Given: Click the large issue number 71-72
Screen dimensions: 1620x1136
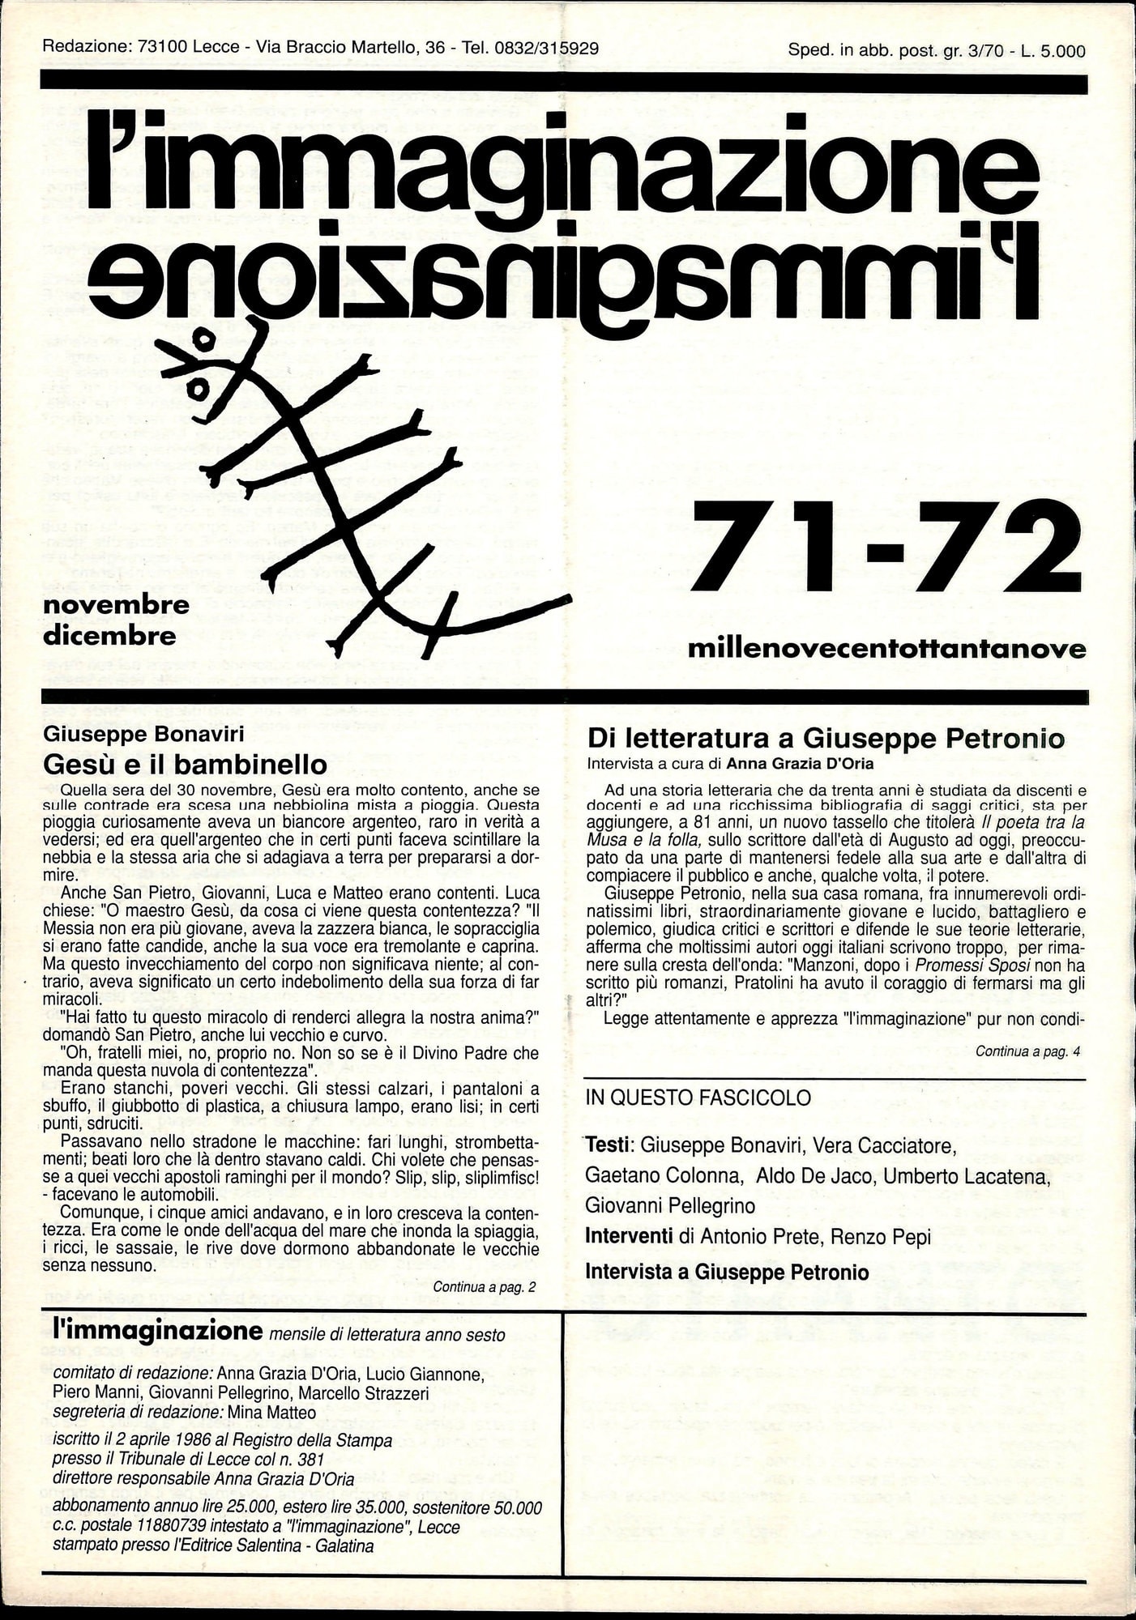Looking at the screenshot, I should tap(885, 547).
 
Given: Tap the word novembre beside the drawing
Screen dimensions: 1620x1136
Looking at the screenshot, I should tap(116, 605).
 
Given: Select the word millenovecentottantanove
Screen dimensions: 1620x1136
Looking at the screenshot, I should tap(886, 649).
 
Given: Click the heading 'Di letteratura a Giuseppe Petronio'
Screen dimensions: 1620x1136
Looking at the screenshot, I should tap(826, 738).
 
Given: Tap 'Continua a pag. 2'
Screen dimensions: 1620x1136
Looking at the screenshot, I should tap(485, 1287).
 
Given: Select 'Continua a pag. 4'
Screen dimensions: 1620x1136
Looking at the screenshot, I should tap(1027, 1052).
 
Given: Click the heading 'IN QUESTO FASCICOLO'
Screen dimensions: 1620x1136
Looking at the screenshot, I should tap(698, 1098).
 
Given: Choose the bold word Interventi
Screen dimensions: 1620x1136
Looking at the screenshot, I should tap(629, 1237).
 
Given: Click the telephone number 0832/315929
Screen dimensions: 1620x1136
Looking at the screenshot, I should tap(546, 49).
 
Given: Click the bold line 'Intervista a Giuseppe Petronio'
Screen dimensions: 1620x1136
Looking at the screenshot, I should tap(727, 1272).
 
